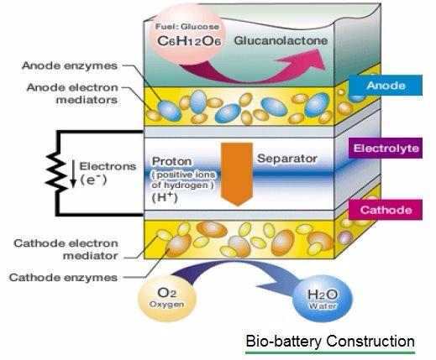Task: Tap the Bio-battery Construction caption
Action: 329,342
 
